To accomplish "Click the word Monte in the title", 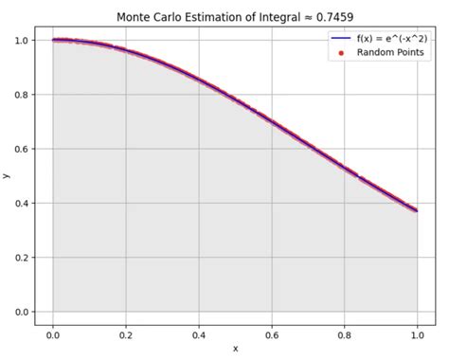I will click(135, 17).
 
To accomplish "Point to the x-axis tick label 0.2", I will click(126, 334).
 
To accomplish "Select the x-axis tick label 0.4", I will click(199, 334).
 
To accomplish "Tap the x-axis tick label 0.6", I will click(273, 334).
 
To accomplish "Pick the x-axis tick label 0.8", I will click(346, 334).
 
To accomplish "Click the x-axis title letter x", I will click(236, 349).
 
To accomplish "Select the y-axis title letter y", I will click(7, 176).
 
